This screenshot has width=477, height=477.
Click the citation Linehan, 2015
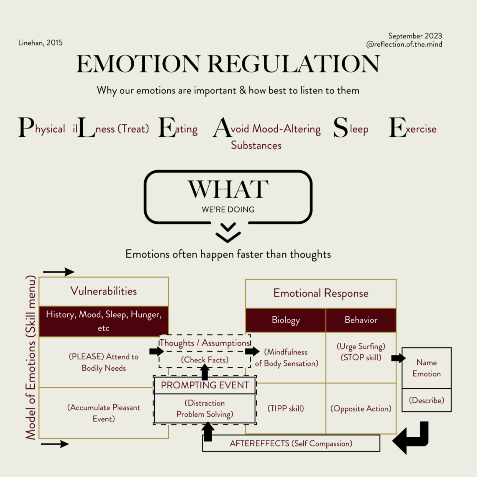pos(40,43)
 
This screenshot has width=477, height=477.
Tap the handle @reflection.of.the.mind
pos(404,45)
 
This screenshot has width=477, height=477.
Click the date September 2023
pos(415,36)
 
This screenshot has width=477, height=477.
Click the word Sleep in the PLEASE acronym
pos(351,128)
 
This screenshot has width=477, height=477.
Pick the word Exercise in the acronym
pos(413,128)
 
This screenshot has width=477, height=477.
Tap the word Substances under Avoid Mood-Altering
pos(256,145)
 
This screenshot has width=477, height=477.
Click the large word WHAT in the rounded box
pos(228,189)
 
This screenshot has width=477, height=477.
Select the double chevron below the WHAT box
pos(228,232)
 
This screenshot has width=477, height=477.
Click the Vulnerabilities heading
pos(104,291)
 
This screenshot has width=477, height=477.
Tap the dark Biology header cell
pos(286,320)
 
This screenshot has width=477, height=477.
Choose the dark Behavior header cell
pos(361,320)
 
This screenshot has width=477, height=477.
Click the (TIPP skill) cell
pos(286,408)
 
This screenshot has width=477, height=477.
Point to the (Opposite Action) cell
pos(361,408)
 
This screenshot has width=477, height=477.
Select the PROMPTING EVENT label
pos(205,385)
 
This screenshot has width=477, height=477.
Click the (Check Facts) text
pos(205,360)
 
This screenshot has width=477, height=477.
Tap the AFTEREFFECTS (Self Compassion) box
pos(291,444)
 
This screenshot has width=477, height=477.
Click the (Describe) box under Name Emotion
pos(426,400)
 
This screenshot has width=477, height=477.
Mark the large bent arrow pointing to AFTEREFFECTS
pos(412,438)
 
